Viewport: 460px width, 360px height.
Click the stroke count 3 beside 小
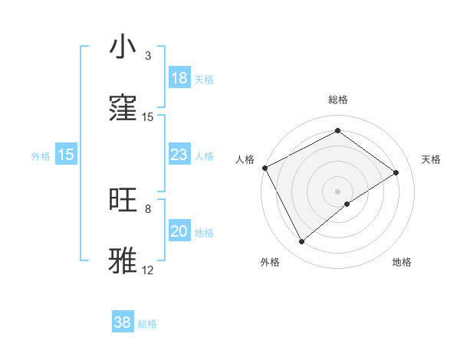tap(148, 56)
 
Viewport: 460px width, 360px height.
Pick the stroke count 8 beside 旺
tap(148, 208)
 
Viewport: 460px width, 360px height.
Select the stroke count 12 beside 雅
tap(148, 270)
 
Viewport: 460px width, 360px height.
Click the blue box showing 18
tap(179, 78)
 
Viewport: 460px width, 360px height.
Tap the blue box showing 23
tap(179, 155)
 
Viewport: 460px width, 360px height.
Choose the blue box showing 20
tap(179, 231)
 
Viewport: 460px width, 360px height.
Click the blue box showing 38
tap(123, 323)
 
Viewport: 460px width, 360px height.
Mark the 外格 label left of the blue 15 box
tap(41, 155)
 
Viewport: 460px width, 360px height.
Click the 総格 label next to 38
tap(147, 324)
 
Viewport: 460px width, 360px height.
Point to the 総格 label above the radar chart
tap(338, 100)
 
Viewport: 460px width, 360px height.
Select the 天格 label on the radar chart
tap(432, 159)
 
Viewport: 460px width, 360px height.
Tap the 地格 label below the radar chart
tap(402, 262)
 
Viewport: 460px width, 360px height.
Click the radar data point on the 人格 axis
tap(264, 168)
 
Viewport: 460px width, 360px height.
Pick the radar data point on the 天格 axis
tap(396, 172)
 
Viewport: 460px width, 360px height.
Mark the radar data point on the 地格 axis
tap(347, 204)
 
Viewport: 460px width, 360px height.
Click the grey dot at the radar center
tap(338, 191)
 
